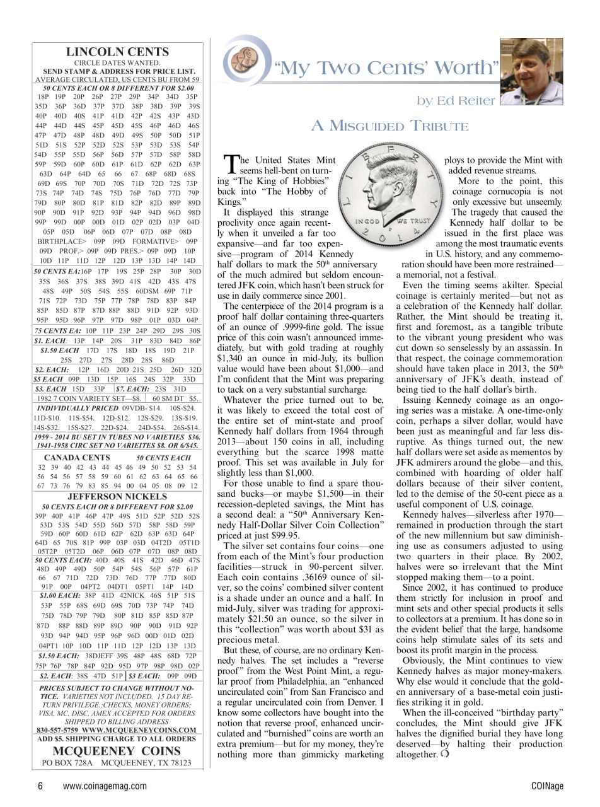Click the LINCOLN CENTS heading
pyautogui.click(x=117, y=52)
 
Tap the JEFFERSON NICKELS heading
pyautogui.click(x=117, y=496)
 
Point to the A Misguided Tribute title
pyautogui.click(x=389, y=126)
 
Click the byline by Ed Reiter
pyautogui.click(x=456, y=101)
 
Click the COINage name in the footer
pyautogui.click(x=546, y=786)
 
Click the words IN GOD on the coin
pyautogui.click(x=369, y=222)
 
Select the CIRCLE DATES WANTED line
pyautogui.click(x=117, y=62)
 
